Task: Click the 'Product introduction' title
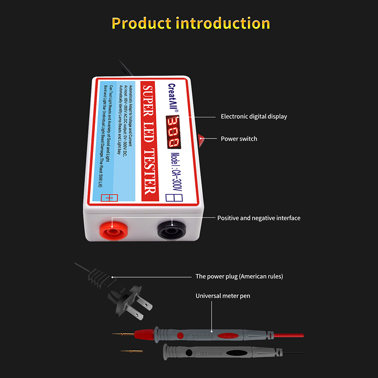click(191, 23)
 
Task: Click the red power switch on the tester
click(201, 139)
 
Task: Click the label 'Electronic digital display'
click(254, 116)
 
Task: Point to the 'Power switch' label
click(239, 139)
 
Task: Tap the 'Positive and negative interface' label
click(258, 218)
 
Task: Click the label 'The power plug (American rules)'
click(239, 276)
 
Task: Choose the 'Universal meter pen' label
click(223, 296)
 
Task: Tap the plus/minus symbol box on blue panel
click(109, 198)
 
